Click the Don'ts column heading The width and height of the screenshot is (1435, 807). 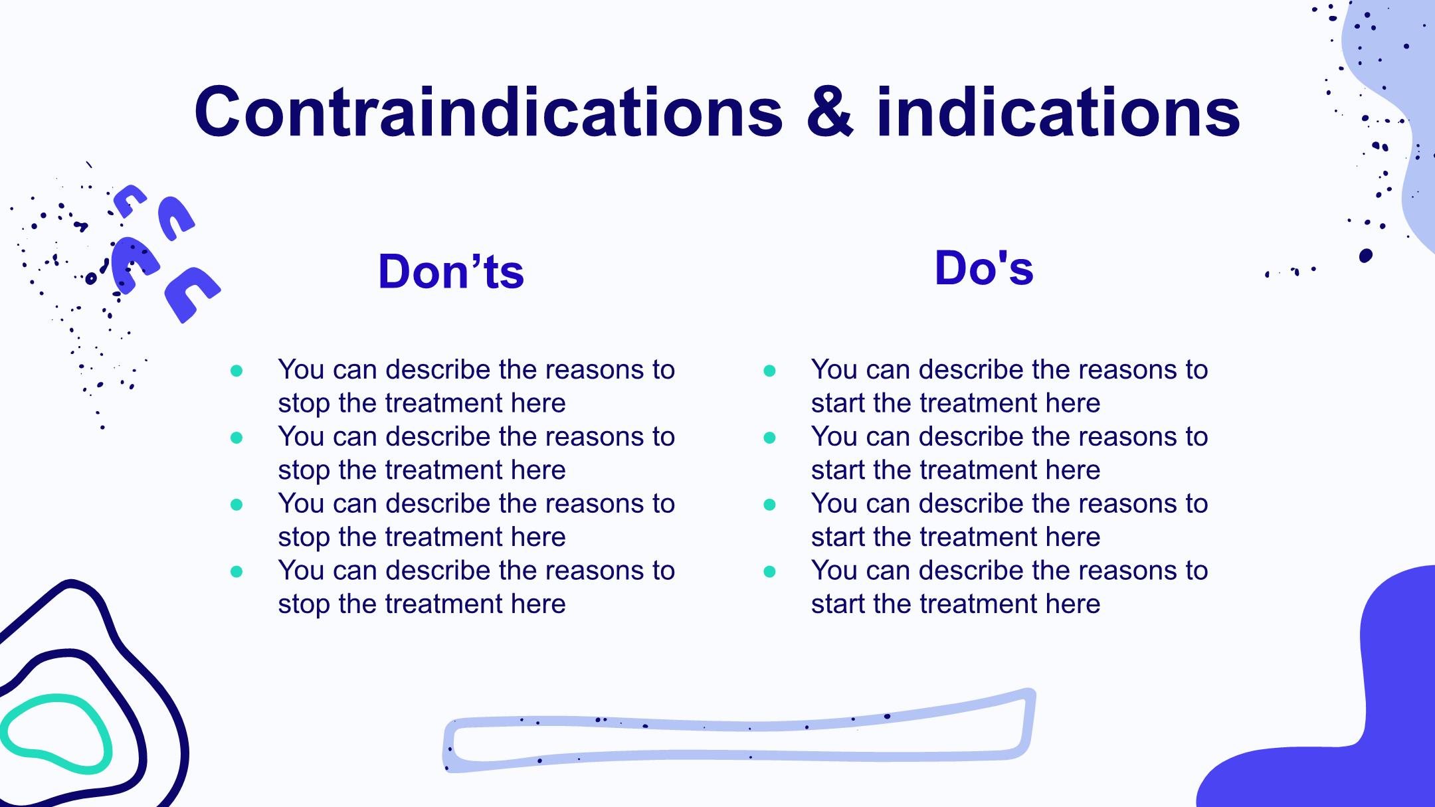451,271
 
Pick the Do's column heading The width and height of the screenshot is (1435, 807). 984,268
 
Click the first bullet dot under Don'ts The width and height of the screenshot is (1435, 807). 237,371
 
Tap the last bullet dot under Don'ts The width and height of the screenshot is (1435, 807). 237,571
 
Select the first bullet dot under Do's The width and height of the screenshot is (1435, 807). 770,371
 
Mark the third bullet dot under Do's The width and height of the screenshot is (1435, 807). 770,505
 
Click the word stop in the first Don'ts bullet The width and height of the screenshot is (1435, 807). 304,404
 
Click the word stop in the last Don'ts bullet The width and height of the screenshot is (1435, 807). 304,604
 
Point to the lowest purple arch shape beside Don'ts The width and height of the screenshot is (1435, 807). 192,294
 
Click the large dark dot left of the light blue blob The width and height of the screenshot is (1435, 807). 1366,256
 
